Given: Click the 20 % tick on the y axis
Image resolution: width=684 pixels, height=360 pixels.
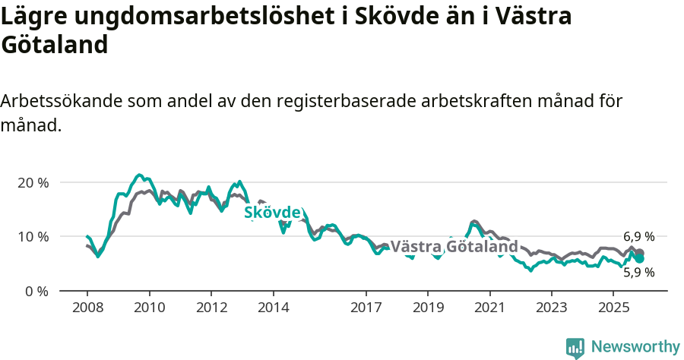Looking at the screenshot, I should (33, 183).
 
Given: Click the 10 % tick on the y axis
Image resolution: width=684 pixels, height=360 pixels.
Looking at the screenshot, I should (33, 237).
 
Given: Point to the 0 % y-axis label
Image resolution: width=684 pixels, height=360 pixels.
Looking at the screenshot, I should (36, 291).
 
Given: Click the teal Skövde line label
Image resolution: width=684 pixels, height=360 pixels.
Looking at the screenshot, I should (272, 213).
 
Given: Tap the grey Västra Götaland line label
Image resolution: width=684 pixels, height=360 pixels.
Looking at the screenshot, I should (454, 247).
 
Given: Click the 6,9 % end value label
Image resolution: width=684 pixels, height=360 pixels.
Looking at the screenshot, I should (638, 237).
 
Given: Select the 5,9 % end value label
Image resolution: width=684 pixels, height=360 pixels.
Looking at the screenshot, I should (638, 272).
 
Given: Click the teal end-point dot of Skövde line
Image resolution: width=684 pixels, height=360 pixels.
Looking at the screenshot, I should (640, 259).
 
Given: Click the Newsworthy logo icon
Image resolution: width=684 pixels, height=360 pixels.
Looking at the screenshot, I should (575, 348).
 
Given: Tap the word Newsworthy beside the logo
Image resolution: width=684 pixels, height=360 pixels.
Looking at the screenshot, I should (635, 347).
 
